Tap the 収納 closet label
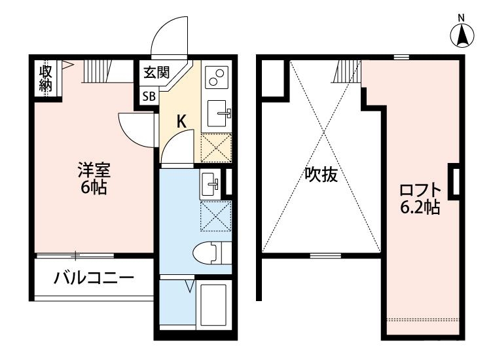coord(46,79)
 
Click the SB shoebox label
coord(149,96)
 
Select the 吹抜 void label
coord(321,175)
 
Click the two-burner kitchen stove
coord(216,77)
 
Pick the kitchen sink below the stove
coord(217,113)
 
